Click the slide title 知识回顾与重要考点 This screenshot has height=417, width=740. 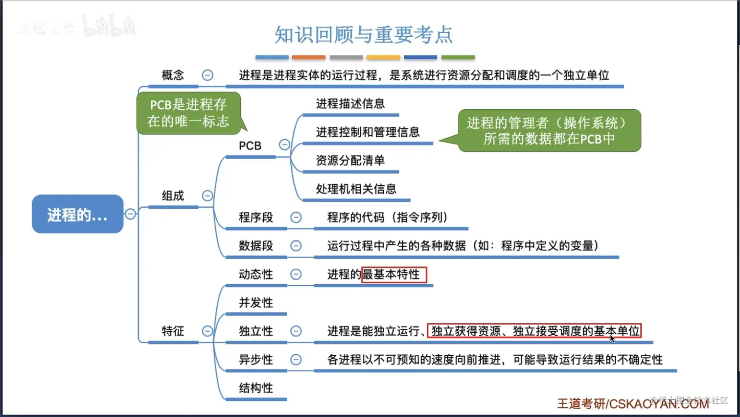coord(363,35)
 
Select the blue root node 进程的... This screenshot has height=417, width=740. coord(77,214)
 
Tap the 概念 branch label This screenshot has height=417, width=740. coord(173,75)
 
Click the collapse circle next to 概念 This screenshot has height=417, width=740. coord(208,75)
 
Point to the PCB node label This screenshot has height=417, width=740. coord(250,146)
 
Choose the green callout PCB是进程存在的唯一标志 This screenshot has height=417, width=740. coord(188,113)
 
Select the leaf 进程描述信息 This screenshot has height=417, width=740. coord(350,103)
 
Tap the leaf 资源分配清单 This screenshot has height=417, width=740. coord(350,160)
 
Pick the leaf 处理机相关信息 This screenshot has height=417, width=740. coord(356,189)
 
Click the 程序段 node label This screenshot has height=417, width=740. coord(255,217)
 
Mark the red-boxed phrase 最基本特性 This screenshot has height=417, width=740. coord(394,274)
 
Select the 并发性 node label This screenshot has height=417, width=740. coord(255,303)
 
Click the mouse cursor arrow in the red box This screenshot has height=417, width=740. coord(612,338)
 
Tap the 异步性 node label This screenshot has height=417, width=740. coord(255,360)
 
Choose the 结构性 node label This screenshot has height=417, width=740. coord(255,388)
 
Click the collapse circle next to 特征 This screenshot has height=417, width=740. coord(208,331)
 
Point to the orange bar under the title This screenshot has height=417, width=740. coord(309,57)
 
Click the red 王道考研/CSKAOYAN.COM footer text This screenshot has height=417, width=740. coord(632,404)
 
